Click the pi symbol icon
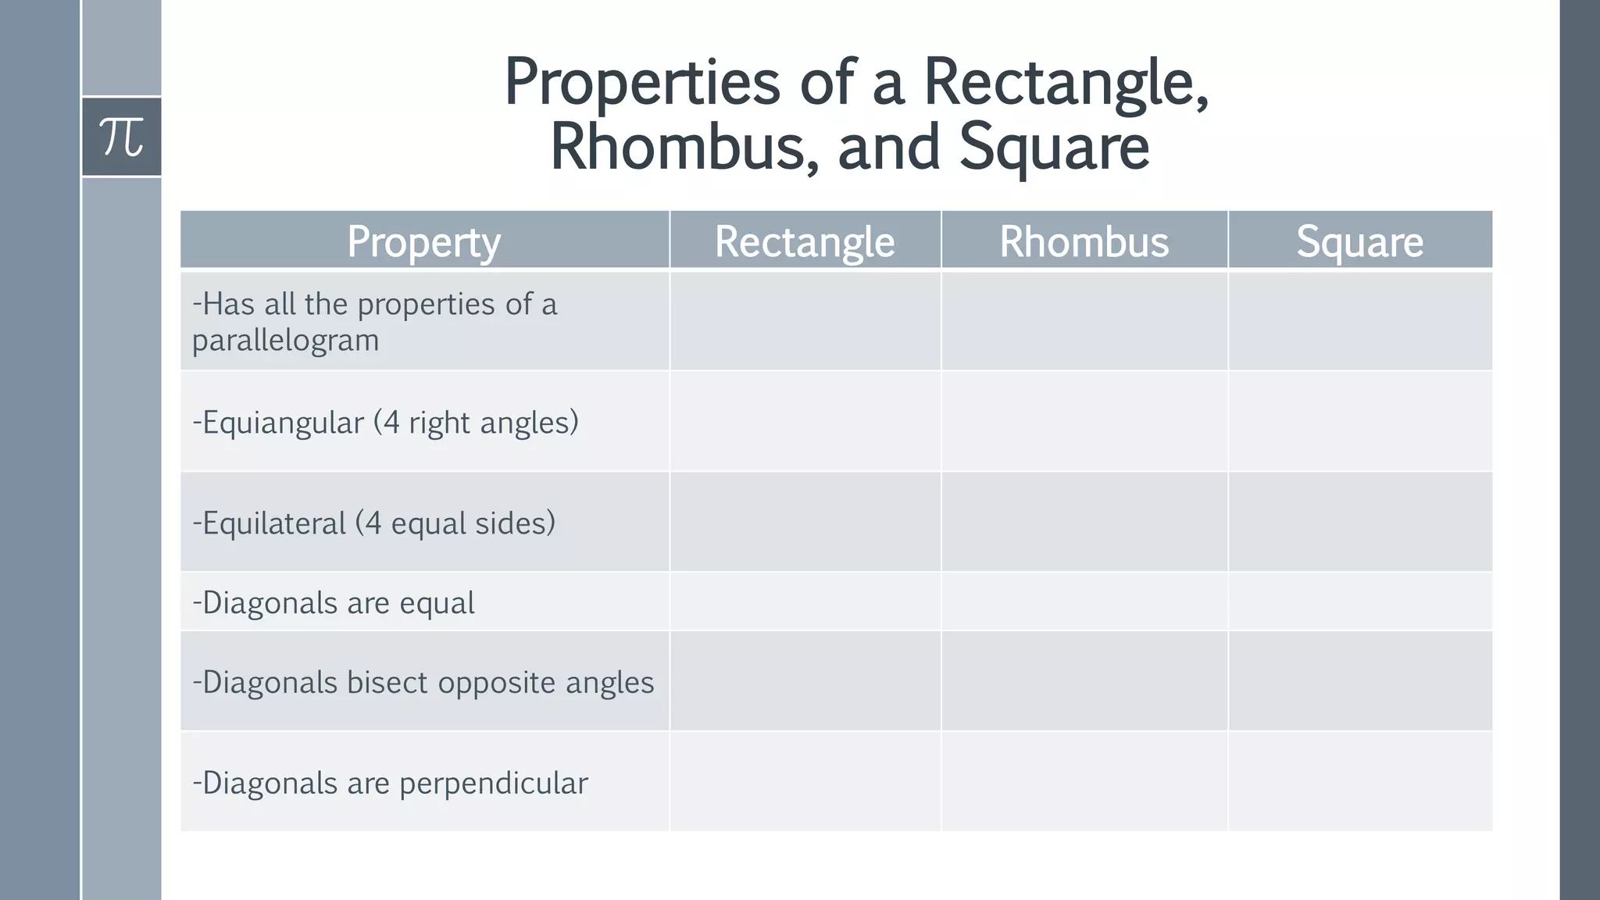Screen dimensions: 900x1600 [122, 137]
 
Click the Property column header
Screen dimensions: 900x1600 [424, 241]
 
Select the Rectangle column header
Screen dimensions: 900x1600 [805, 241]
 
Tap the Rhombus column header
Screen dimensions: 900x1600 [1084, 241]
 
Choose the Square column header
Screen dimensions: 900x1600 [1359, 241]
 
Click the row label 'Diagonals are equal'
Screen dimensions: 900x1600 [334, 602]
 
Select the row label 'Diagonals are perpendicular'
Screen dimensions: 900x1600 [390, 782]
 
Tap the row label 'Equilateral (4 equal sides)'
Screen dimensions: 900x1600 [374, 523]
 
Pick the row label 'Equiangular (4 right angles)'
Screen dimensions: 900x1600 [386, 422]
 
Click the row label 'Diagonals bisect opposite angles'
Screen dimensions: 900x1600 [423, 682]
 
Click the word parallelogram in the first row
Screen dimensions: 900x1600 [286, 340]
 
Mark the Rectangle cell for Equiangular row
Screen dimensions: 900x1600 [805, 422]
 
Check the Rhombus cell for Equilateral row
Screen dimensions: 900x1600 [1084, 522]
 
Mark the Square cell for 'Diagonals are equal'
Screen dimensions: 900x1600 [1359, 602]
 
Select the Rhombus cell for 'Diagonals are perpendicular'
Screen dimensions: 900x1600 [1084, 781]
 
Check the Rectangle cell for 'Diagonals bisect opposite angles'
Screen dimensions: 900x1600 [805, 681]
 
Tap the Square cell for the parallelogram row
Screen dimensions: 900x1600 [1359, 321]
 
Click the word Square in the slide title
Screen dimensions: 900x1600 [1054, 147]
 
